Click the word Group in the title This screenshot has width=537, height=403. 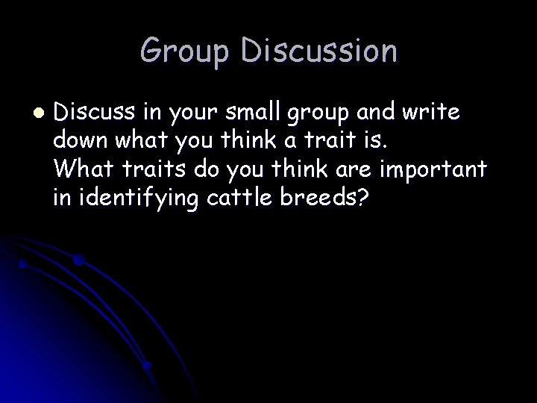186,51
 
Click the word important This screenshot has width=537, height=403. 434,170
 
